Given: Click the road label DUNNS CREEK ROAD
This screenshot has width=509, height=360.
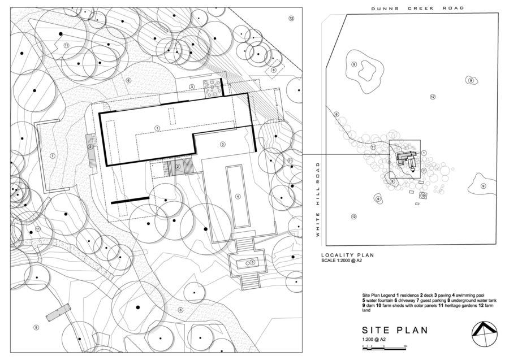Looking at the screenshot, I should tap(417, 8).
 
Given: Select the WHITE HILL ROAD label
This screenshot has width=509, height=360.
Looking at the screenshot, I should tap(318, 199).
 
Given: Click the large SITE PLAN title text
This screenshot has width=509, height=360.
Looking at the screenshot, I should tap(394, 330).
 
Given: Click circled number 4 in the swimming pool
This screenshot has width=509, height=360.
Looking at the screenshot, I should tap(238, 197).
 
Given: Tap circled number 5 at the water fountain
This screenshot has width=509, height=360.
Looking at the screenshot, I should tap(252, 262).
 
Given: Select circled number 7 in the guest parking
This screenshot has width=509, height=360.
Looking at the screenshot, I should tap(53, 155).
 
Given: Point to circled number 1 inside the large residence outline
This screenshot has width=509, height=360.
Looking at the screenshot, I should tap(157, 128).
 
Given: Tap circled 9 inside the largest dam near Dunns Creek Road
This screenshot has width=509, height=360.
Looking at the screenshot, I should tap(354, 64).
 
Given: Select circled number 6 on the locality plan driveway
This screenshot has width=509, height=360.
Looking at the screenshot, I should tap(337, 115).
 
